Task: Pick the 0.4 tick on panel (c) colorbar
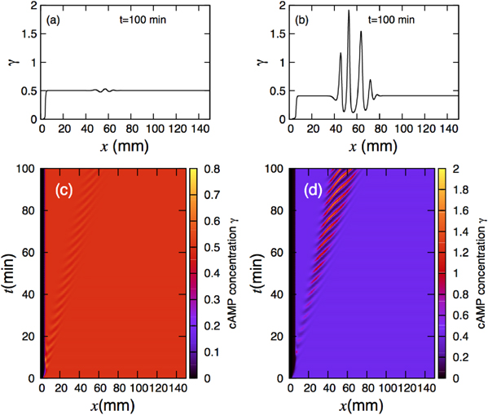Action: [x=211, y=276]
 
